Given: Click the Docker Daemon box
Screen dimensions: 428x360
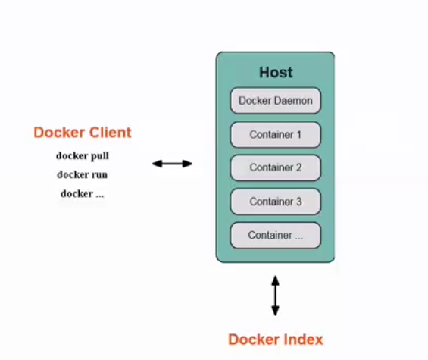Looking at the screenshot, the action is click(276, 101).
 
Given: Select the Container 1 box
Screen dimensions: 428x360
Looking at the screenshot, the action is click(276, 135).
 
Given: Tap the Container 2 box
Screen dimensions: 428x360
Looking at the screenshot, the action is click(276, 167).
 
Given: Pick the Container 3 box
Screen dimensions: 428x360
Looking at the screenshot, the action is click(276, 202).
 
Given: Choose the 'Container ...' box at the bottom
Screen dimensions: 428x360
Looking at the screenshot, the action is click(276, 235).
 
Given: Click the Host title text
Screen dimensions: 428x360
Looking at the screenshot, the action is click(276, 73).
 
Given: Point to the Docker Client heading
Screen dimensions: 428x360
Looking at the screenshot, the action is click(83, 133).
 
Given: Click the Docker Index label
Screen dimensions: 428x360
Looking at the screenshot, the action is click(276, 340).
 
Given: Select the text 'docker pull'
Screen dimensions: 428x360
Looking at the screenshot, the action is click(83, 156).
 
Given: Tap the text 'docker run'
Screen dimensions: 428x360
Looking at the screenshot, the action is click(82, 174).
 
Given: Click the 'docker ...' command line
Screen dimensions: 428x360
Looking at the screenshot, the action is click(82, 193).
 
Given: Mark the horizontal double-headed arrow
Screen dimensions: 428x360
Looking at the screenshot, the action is click(172, 164).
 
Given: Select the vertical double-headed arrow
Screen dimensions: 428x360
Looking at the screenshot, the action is click(275, 296).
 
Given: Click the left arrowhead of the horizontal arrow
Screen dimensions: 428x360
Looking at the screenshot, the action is click(155, 164).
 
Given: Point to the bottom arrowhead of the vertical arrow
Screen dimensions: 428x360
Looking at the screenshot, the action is click(275, 312).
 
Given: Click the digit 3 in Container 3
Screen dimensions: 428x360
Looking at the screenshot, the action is click(299, 202).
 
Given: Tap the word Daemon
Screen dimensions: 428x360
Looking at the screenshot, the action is click(295, 101).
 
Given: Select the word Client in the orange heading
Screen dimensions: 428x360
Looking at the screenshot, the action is click(111, 133).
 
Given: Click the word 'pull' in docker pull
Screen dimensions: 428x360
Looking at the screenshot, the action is click(100, 156).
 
